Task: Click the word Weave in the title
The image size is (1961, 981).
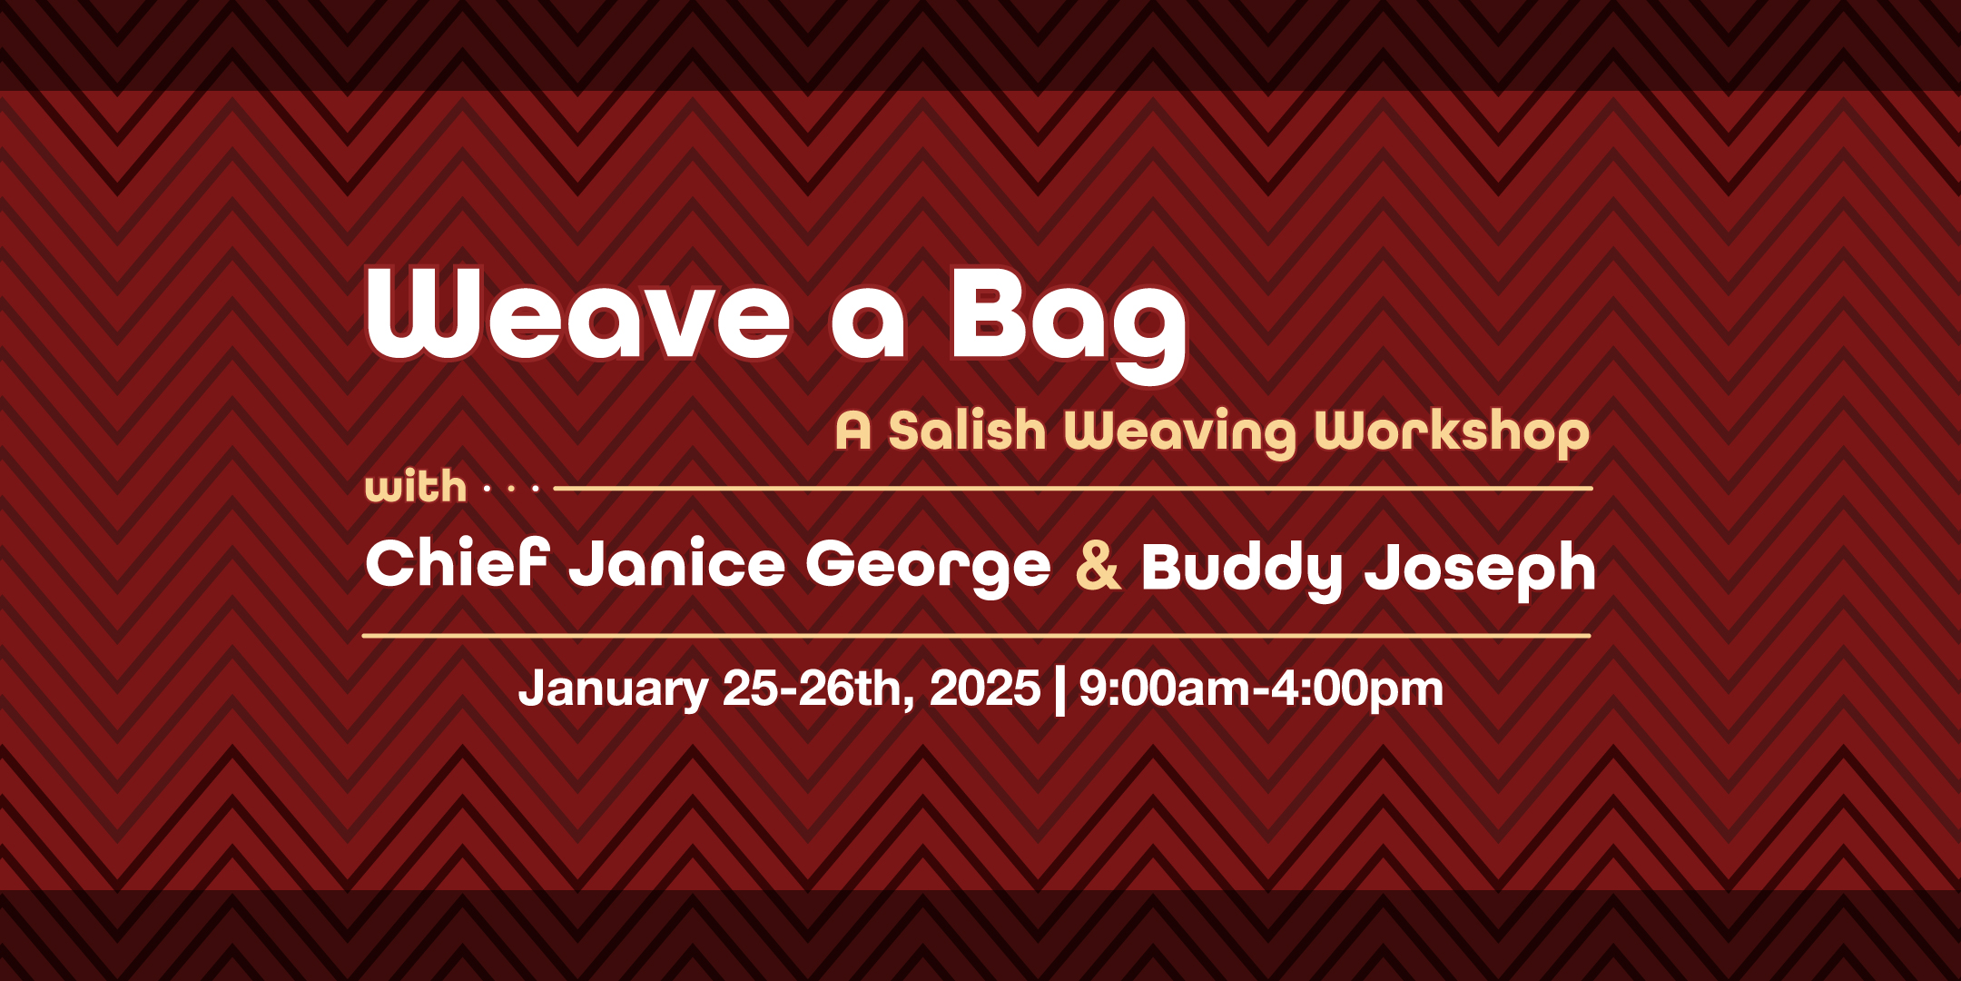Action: (577, 313)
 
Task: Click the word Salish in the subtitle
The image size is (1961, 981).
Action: (967, 431)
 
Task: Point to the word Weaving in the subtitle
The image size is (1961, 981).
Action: (1181, 432)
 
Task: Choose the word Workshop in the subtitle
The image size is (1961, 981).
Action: (1452, 432)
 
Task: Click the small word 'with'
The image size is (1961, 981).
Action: (416, 487)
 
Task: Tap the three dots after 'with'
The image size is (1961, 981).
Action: (511, 489)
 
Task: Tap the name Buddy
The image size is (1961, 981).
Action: (1241, 569)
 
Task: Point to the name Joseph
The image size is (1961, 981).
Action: (1480, 569)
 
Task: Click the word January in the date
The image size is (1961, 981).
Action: (613, 689)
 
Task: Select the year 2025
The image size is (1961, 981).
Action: (984, 688)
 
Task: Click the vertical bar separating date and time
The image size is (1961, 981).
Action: (1059, 690)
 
